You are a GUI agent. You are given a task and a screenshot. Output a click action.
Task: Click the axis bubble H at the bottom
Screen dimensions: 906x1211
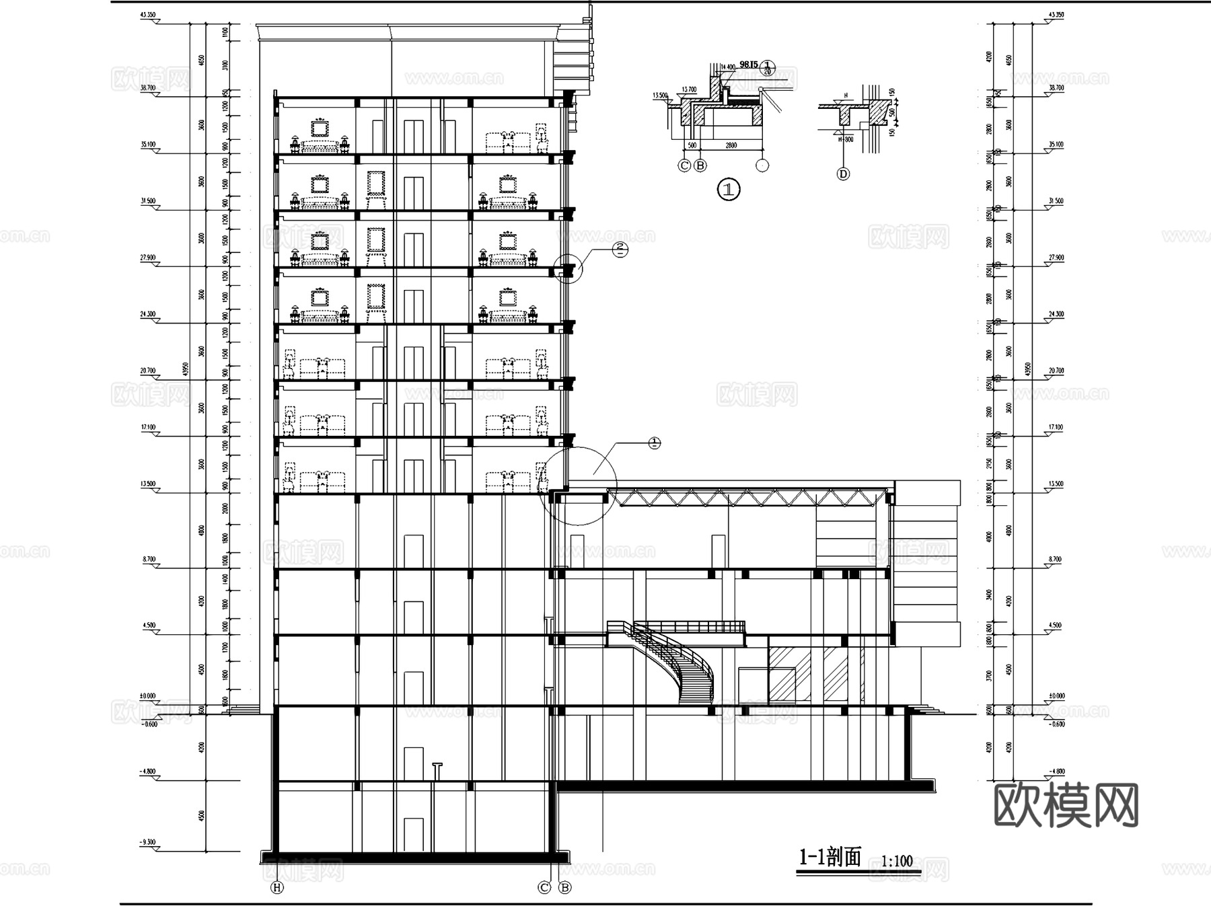277,888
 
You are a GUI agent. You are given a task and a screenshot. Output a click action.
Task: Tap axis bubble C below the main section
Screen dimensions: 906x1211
545,888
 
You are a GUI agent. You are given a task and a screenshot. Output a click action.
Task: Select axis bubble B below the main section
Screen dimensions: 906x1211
565,888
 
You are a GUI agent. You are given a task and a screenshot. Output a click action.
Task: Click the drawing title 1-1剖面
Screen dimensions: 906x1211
830,858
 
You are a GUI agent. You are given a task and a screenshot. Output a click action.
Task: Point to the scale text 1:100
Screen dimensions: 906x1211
897,861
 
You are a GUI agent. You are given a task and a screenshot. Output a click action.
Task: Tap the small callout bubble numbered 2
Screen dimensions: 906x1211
620,250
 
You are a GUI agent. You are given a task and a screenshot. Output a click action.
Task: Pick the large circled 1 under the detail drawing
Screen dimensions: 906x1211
729,189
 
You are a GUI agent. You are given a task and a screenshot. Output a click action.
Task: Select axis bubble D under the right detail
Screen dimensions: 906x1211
843,174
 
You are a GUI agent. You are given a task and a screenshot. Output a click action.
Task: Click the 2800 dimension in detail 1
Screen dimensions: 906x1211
731,145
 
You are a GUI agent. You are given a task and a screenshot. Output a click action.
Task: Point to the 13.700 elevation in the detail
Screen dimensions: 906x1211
688,89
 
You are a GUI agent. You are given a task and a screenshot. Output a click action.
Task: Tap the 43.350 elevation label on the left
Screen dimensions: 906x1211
148,15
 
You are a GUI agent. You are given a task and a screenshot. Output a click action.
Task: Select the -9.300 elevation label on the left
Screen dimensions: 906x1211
148,842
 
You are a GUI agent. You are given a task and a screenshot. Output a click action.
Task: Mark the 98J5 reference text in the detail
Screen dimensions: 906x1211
749,64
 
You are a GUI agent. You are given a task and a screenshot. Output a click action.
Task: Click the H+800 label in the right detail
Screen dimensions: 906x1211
845,139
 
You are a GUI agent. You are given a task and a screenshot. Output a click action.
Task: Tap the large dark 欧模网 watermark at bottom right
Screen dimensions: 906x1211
1066,805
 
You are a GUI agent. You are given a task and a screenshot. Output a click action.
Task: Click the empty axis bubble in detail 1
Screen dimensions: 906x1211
762,165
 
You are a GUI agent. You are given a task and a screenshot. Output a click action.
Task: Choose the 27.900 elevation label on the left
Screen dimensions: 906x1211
148,258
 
